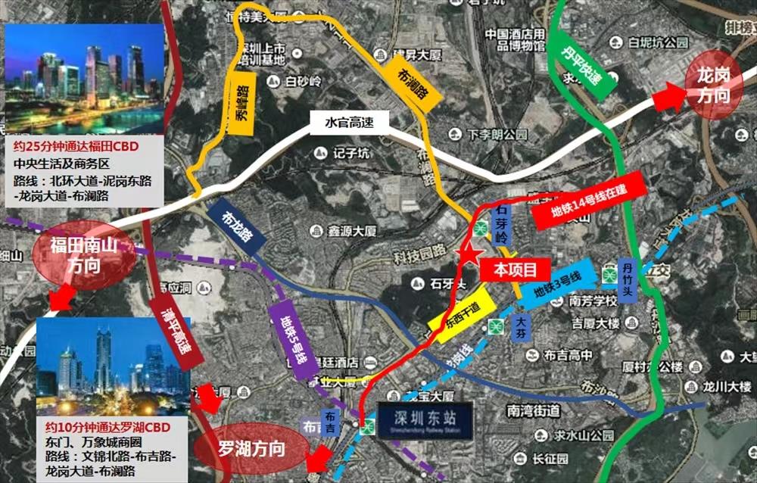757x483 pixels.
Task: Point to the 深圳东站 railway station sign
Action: click(425, 421)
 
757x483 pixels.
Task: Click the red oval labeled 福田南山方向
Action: click(84, 257)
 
